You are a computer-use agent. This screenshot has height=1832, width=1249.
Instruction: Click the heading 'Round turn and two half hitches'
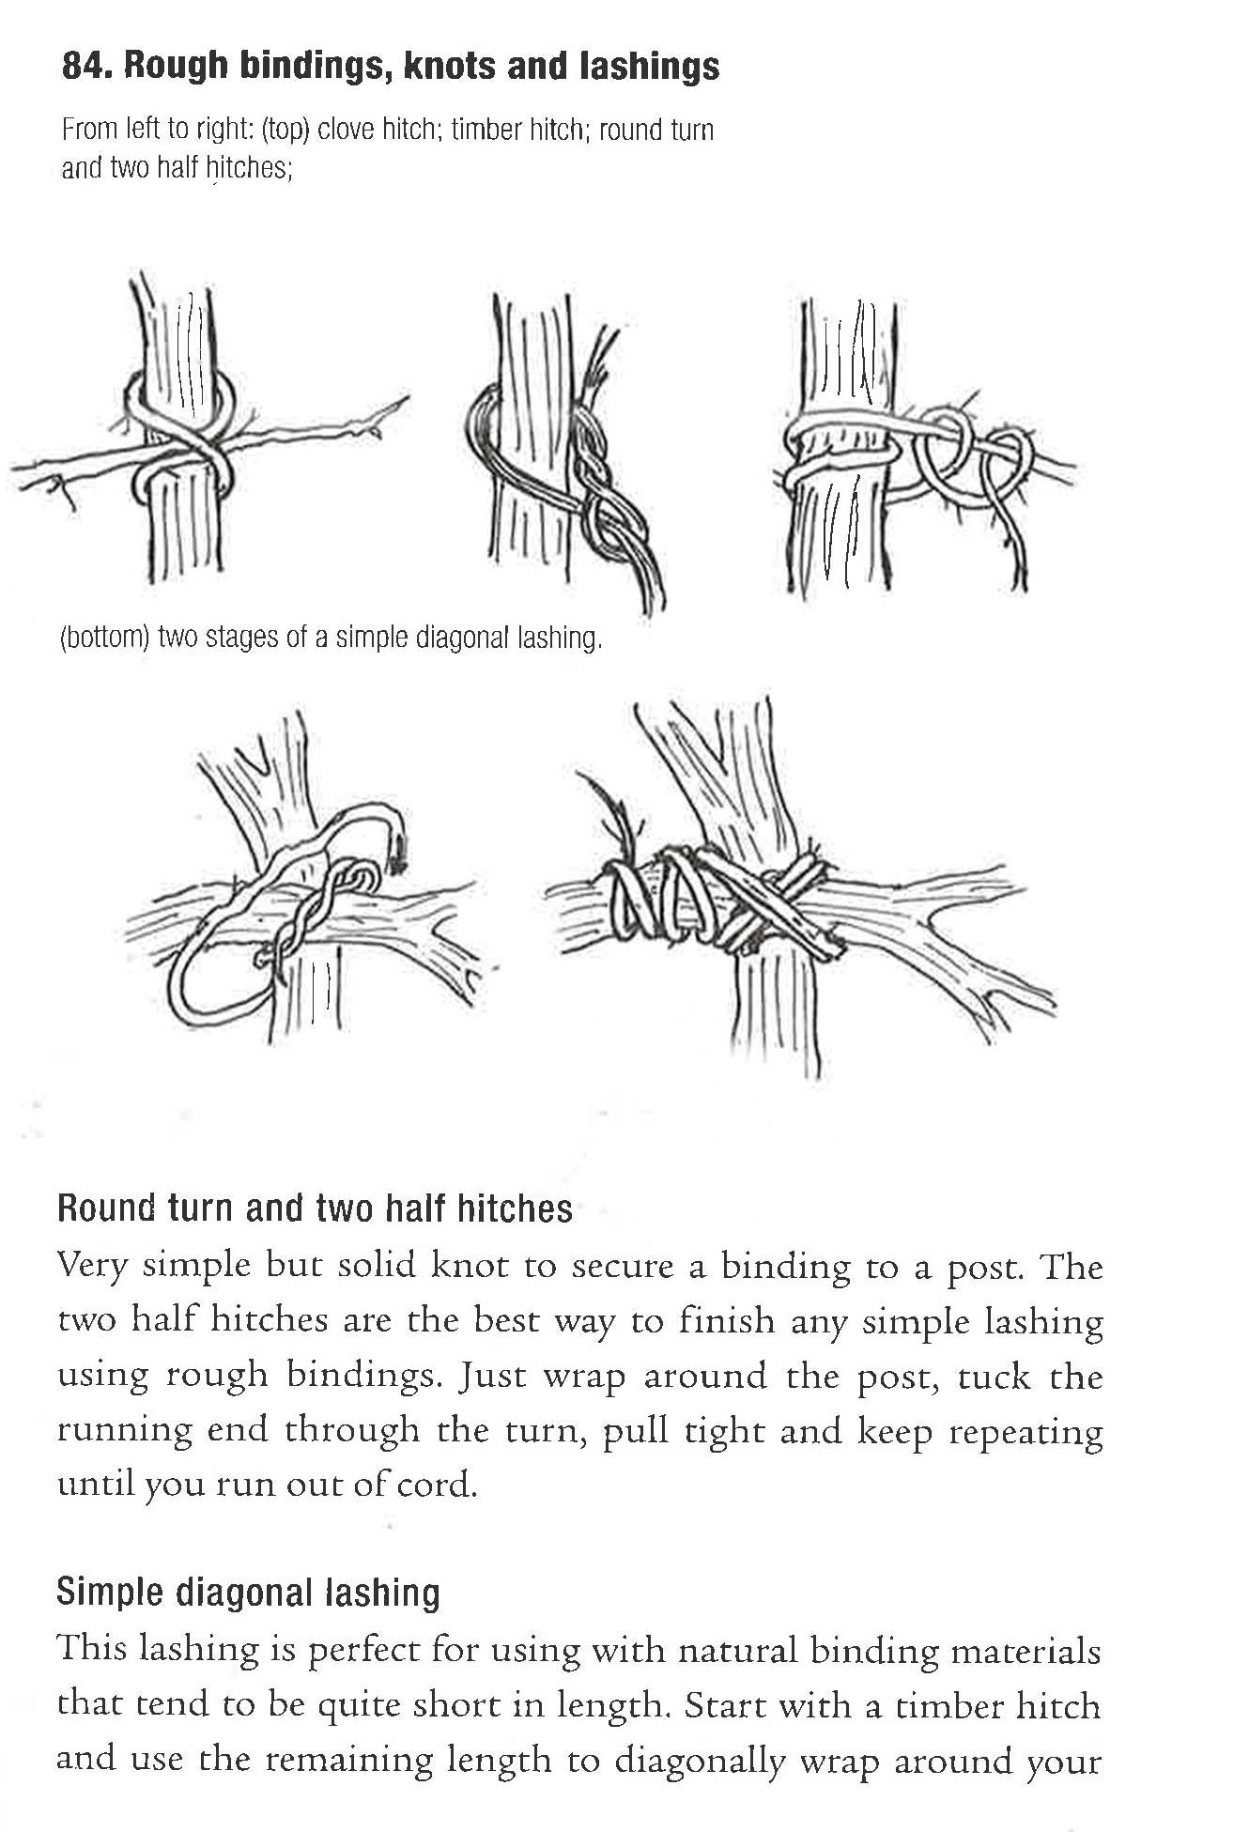(315, 1209)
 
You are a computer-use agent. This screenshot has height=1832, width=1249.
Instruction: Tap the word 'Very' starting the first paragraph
(92, 1267)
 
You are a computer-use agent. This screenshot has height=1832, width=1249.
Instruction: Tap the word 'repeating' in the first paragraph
(1025, 1432)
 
